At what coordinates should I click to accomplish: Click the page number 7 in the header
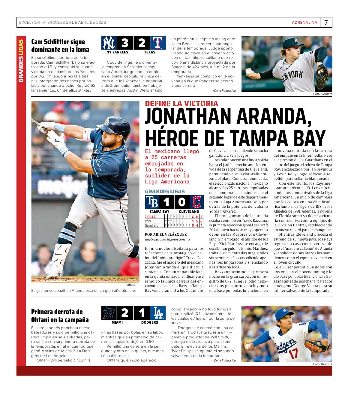pos(326,23)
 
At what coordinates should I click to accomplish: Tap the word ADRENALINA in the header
pos(304,23)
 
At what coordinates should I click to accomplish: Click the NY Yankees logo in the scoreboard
pos(108,43)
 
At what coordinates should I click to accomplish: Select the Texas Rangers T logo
pos(157,43)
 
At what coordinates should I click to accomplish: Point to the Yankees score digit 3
pos(124,43)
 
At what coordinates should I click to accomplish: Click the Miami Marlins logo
pos(108,313)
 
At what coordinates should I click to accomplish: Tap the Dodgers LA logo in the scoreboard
pos(158,313)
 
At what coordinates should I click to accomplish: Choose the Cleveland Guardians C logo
pos(197,202)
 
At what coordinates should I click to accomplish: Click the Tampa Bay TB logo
pos(152,202)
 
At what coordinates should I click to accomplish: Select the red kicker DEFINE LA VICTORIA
pos(181,104)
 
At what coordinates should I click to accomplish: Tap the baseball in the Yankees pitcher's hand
pos(249,72)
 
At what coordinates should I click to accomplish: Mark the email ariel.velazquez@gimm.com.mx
pos(167,239)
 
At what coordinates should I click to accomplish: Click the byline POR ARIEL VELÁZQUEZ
pos(166,234)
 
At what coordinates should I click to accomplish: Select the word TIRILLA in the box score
pos(150,216)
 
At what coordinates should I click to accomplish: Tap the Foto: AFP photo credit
pos(132,285)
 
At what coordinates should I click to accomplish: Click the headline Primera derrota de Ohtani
pos(60,316)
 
